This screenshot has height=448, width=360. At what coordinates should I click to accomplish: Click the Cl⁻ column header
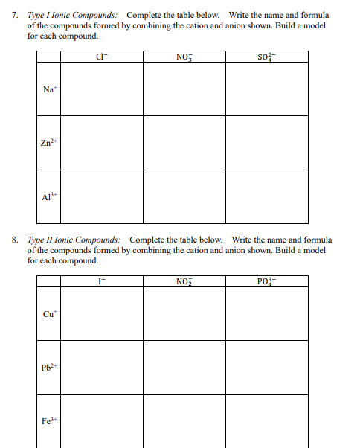click(x=101, y=56)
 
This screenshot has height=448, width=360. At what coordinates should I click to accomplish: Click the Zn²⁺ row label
click(x=48, y=144)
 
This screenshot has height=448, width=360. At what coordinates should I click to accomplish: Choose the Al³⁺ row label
click(x=48, y=198)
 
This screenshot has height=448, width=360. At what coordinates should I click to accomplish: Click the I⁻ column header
click(x=101, y=281)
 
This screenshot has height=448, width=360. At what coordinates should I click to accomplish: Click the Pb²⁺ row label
click(x=48, y=368)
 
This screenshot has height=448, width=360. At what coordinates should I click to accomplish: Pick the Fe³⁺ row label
click(x=48, y=422)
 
